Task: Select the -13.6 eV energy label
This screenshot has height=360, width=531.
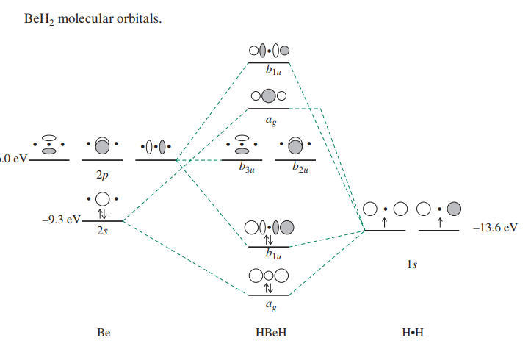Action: click(495, 228)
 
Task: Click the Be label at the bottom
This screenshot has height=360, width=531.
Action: click(103, 332)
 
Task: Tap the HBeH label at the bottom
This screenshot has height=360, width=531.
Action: click(270, 332)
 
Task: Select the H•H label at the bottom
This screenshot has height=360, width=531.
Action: click(413, 332)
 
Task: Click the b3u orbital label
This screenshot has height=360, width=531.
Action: click(248, 168)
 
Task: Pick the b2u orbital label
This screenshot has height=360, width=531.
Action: click(299, 168)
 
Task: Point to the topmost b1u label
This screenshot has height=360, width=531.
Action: click(274, 72)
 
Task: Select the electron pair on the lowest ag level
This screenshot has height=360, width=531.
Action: click(270, 288)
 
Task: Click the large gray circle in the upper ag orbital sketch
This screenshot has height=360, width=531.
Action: click(269, 96)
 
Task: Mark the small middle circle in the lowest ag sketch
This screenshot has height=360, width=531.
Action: click(269, 276)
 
